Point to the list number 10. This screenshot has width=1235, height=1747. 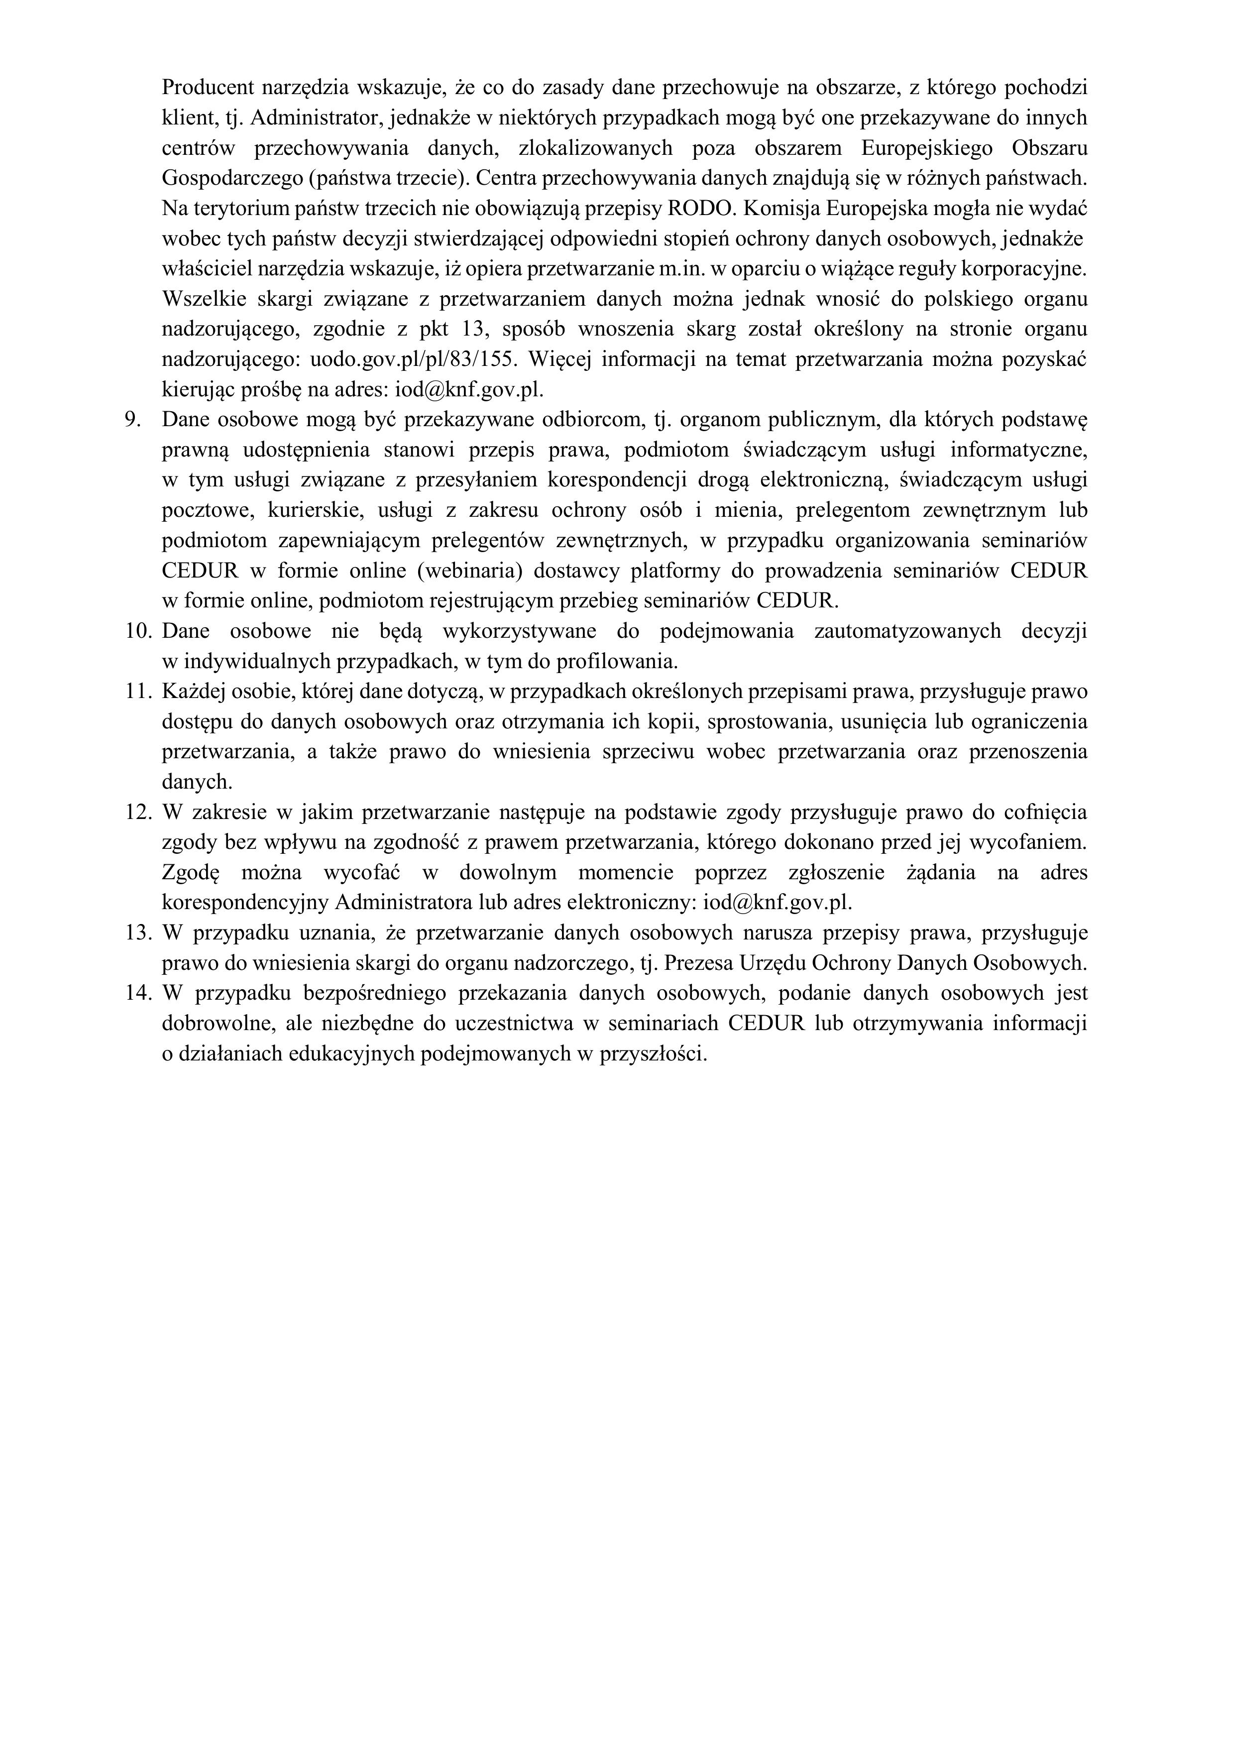(x=139, y=631)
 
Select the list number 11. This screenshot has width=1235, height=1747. (x=139, y=692)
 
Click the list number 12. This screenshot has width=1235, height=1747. (x=139, y=813)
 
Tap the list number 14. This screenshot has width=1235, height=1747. (x=139, y=994)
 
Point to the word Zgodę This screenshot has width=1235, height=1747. (x=190, y=873)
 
